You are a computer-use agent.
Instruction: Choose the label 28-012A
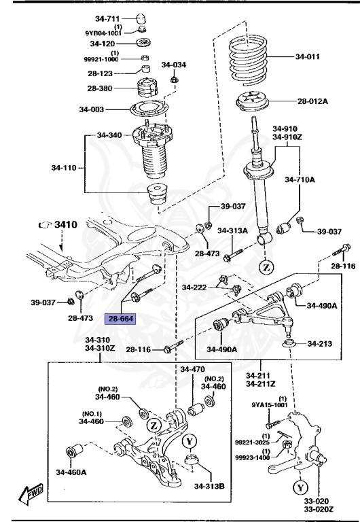[312, 101]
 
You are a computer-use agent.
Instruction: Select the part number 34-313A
[232, 231]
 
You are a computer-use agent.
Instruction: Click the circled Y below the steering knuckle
[300, 487]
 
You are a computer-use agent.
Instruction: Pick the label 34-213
[319, 344]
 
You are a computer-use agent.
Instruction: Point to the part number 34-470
[192, 370]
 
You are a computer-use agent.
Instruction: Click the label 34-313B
[211, 485]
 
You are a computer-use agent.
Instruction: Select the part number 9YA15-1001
[270, 406]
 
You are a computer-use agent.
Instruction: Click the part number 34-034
[173, 65]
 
